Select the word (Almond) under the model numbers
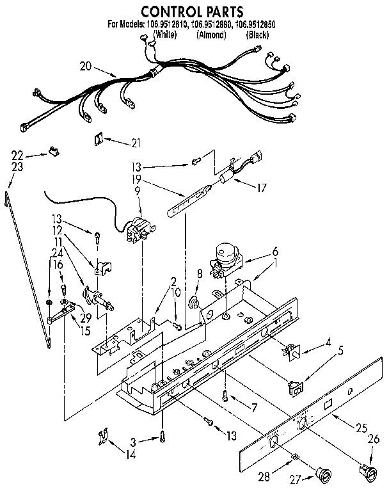point(211,35)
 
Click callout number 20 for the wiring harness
point(86,66)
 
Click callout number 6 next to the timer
point(275,252)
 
